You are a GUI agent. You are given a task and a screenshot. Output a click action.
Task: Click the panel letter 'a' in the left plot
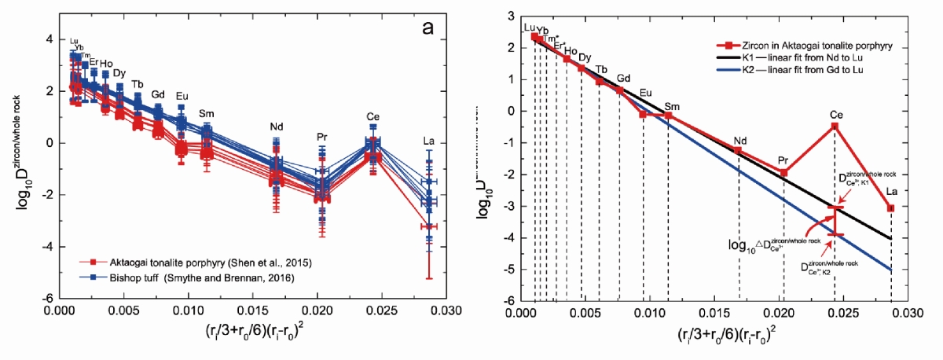point(429,28)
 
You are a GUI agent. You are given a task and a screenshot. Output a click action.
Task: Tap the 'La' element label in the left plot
point(428,142)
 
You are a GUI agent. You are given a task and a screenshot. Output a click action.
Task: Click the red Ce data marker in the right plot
point(835,126)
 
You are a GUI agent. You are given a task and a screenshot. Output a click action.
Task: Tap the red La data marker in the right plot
point(891,208)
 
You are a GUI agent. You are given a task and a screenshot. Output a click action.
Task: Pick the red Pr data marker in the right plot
point(783,173)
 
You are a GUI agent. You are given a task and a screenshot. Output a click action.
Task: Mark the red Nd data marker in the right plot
point(739,150)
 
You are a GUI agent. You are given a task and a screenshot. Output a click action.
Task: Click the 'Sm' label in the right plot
point(673,106)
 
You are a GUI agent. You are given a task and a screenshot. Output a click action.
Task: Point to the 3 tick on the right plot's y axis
point(510,16)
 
